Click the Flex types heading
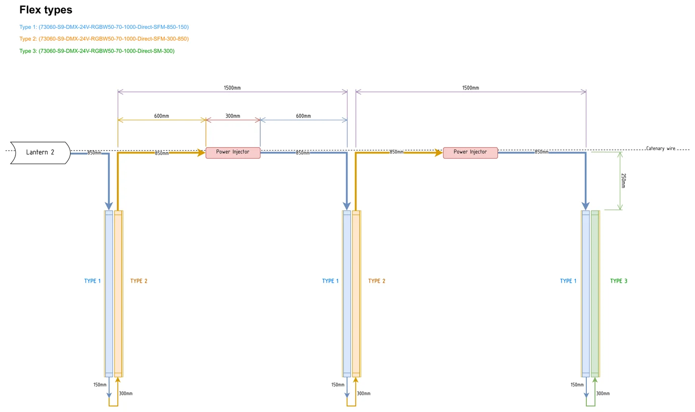pyautogui.click(x=46, y=10)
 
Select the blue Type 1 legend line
pyautogui.click(x=104, y=27)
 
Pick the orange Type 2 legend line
pyautogui.click(x=104, y=39)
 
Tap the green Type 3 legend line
pyautogui.click(x=97, y=51)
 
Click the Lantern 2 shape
pyautogui.click(x=40, y=153)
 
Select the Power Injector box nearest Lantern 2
pyautogui.click(x=233, y=153)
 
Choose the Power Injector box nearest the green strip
pyautogui.click(x=471, y=153)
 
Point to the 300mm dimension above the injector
pyautogui.click(x=233, y=116)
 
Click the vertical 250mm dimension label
pyautogui.click(x=624, y=180)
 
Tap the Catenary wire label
pyautogui.click(x=661, y=149)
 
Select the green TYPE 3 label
pyautogui.click(x=619, y=281)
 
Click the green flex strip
pyautogui.click(x=595, y=294)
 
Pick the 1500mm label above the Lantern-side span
pyautogui.click(x=232, y=88)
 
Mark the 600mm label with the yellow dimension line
pyautogui.click(x=162, y=116)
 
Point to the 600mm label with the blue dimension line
pyautogui.click(x=303, y=116)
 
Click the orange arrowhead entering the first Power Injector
pyautogui.click(x=202, y=153)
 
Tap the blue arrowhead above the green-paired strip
pyautogui.click(x=585, y=206)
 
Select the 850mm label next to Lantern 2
pyautogui.click(x=94, y=153)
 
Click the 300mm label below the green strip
pyautogui.click(x=603, y=393)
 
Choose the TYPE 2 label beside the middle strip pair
pyautogui.click(x=377, y=281)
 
